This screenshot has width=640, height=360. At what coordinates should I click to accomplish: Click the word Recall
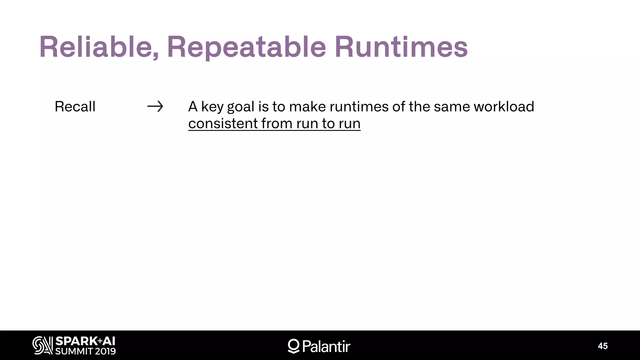[75, 107]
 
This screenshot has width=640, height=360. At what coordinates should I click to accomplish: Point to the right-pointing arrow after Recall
[155, 107]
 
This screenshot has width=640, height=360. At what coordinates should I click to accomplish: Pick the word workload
[504, 107]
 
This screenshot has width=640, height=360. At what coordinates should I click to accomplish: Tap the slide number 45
[603, 346]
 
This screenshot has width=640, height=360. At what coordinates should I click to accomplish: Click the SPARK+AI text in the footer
[85, 341]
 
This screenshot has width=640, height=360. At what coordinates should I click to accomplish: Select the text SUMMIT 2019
[85, 351]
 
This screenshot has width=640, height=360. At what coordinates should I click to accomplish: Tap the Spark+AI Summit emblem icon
[43, 346]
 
